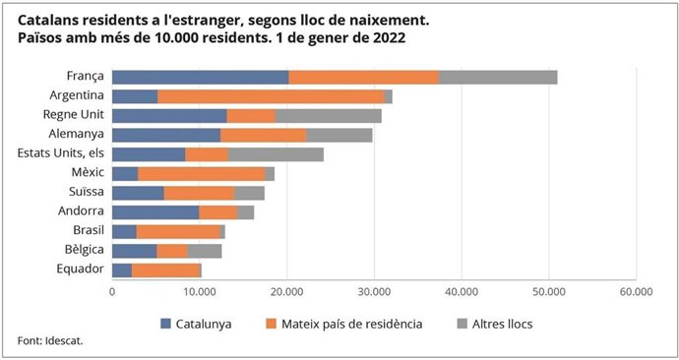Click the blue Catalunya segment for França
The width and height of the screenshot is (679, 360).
(x=200, y=77)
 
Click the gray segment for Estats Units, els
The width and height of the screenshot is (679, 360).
(x=276, y=153)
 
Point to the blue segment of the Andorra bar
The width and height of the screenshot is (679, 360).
(x=155, y=211)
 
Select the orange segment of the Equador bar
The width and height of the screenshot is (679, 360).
(x=165, y=270)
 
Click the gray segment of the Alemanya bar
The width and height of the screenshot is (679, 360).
(x=339, y=135)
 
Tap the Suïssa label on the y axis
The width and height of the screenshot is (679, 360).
(x=85, y=193)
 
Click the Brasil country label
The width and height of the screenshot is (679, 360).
(x=87, y=231)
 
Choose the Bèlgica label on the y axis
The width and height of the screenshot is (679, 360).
(x=84, y=250)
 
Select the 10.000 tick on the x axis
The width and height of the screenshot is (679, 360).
(x=199, y=292)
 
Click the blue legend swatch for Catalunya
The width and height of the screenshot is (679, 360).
(x=166, y=322)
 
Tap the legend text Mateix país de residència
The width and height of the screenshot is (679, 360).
(x=354, y=323)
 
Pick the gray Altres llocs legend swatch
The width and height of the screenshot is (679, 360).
(x=463, y=322)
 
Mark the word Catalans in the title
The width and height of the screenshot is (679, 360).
(x=49, y=19)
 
